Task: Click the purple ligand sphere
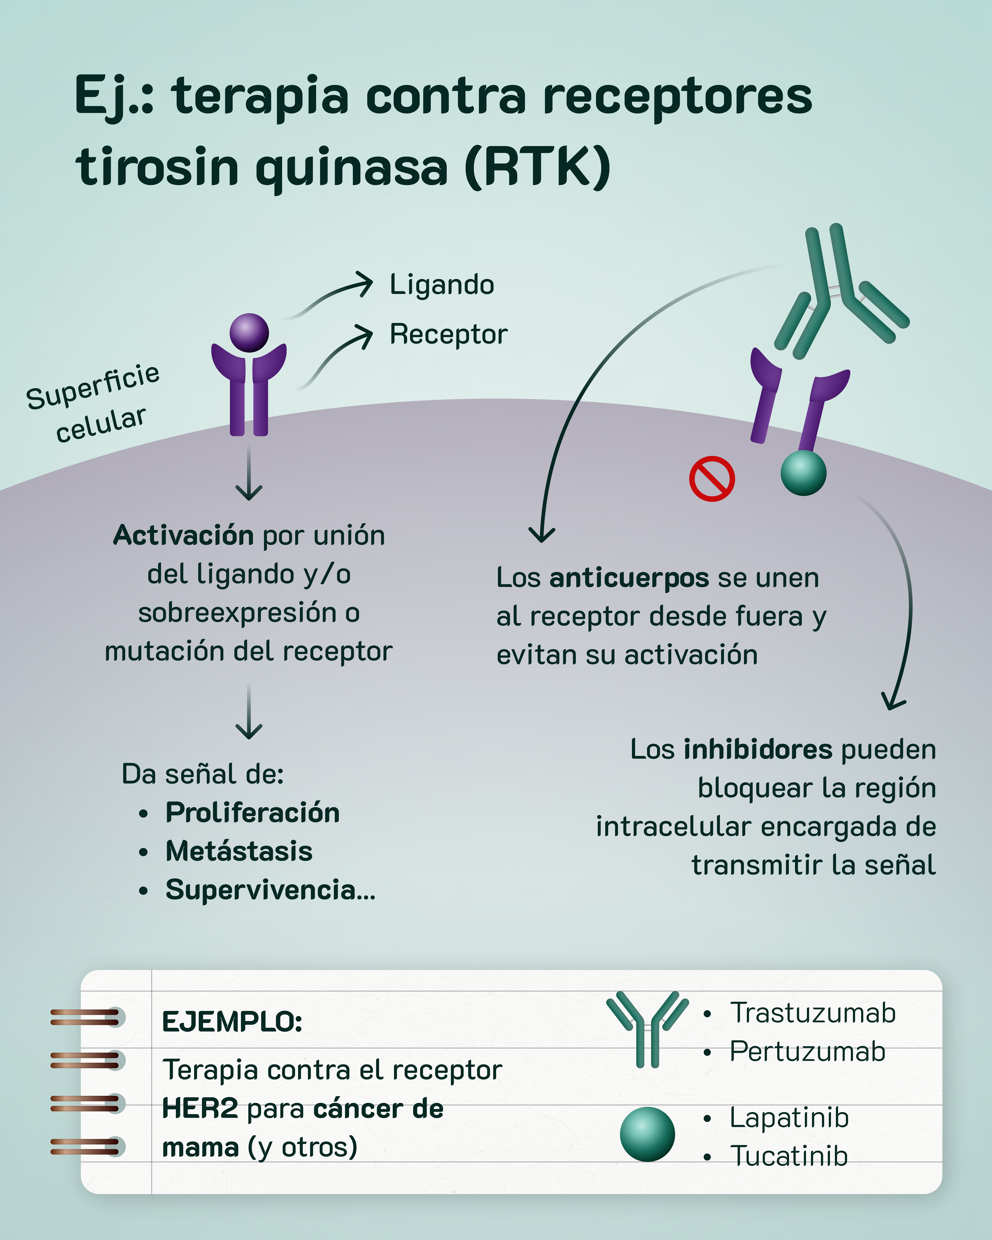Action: [x=249, y=333]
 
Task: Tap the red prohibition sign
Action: [x=711, y=479]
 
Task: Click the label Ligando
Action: [x=442, y=285]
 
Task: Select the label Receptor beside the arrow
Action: [x=449, y=334]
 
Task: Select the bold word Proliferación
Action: [x=252, y=813]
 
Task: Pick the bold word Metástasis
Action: [x=239, y=851]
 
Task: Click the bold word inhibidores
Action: [x=757, y=749]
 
